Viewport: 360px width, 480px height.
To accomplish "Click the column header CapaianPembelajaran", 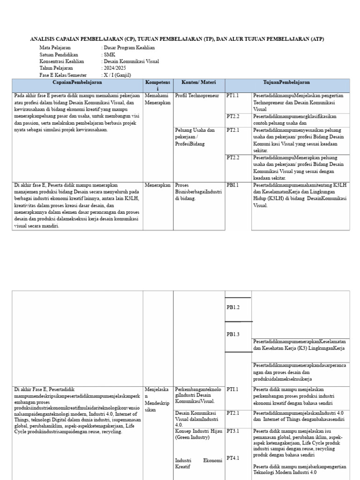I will pyautogui.click(x=77, y=82).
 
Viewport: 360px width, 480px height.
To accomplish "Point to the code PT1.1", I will pyautogui.click(x=232, y=96).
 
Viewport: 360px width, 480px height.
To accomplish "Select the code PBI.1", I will pyautogui.click(x=233, y=185).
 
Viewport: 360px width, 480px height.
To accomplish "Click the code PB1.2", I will pyautogui.click(x=233, y=307).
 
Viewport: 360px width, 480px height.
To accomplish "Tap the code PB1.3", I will pyautogui.click(x=233, y=334).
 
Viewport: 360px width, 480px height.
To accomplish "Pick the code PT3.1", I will pyautogui.click(x=233, y=431).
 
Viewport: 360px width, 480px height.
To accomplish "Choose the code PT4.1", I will pyautogui.click(x=233, y=458).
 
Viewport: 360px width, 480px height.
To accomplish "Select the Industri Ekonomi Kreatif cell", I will pyautogui.click(x=198, y=464).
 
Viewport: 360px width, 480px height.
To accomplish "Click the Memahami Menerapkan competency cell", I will pyautogui.click(x=158, y=99).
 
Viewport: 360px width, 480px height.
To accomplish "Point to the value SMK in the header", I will pyautogui.click(x=109, y=54).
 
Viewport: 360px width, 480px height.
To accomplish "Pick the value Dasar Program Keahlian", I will pyautogui.click(x=129, y=48).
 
